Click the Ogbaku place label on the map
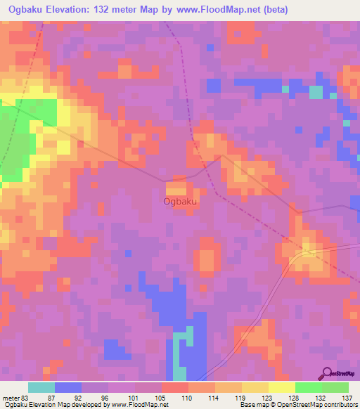coord(180,202)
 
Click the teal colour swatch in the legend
coord(41,387)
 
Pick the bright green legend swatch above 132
coord(309,387)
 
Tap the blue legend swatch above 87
coord(68,387)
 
